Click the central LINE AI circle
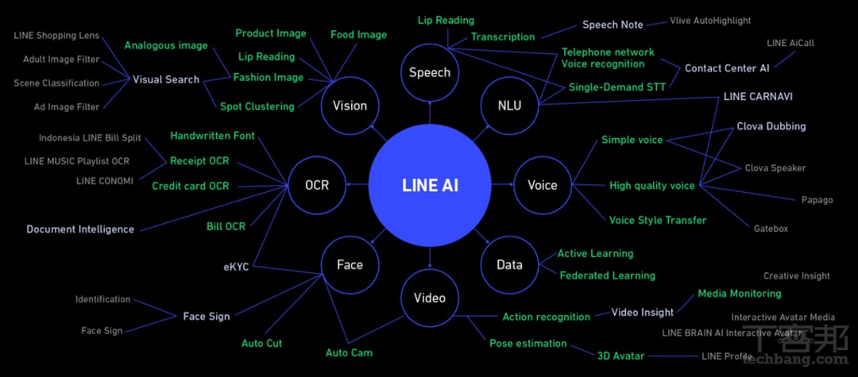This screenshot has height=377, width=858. point(430,186)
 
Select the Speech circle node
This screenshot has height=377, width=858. point(430,73)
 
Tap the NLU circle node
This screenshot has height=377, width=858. point(509,105)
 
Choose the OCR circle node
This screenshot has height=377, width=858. point(316,186)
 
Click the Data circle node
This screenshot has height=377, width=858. point(509,265)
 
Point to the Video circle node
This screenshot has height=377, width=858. point(430,298)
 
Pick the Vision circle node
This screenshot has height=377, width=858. point(350,106)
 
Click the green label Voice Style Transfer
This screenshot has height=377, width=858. point(657,220)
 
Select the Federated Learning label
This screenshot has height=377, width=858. point(607,275)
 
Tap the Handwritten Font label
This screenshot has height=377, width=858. point(212,136)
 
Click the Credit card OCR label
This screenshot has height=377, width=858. point(190,186)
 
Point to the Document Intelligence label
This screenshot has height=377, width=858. point(80,229)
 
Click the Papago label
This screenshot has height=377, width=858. point(817,200)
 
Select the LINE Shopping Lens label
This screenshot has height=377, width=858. point(56,36)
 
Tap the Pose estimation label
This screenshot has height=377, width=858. point(528,344)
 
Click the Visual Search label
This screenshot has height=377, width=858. point(165,79)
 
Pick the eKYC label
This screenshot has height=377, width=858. point(236,267)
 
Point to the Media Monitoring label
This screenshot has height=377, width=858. point(739,294)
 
